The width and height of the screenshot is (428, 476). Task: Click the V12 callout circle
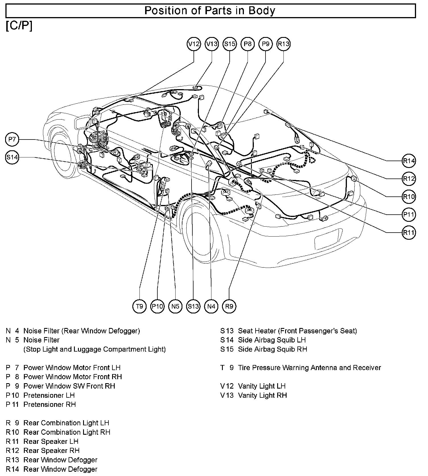point(194,44)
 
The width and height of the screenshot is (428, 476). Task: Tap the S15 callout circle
point(230,44)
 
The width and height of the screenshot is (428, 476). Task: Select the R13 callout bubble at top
point(283,44)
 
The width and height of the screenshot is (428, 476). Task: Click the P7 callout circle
point(12,139)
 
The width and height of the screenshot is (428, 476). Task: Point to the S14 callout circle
point(12,157)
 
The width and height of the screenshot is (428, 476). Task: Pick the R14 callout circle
point(409,161)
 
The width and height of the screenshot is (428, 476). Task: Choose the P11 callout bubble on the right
point(409,215)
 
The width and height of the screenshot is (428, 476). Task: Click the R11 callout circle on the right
point(409,233)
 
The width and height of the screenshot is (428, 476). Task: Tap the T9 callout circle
point(139,306)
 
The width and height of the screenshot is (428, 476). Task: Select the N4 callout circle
point(211,306)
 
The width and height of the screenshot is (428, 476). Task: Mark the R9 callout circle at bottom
point(229,306)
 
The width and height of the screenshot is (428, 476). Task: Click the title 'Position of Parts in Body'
point(210,11)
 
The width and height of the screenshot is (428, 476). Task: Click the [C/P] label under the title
point(19,26)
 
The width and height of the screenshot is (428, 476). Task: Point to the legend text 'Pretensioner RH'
point(50,404)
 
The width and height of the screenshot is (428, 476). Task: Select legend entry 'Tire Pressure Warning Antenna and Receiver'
point(309,368)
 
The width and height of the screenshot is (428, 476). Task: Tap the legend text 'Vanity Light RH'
point(262,395)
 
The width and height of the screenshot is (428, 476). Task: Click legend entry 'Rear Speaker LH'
point(51,441)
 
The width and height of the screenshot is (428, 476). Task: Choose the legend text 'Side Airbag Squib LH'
point(272,340)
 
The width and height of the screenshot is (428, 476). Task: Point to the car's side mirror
point(82,122)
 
